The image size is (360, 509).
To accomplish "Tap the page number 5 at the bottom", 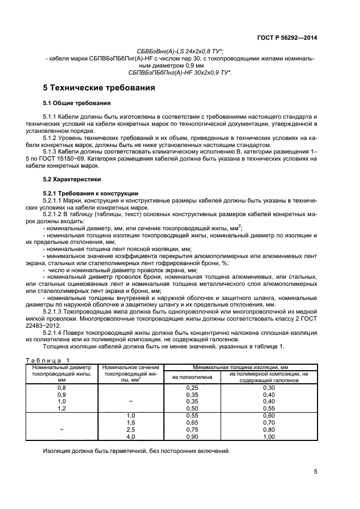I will (315, 472).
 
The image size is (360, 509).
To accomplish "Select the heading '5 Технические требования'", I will (99, 88).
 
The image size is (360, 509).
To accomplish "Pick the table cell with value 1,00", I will (269, 437).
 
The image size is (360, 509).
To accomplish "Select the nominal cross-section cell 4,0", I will (130, 437).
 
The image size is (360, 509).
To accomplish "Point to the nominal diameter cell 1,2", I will (62, 408).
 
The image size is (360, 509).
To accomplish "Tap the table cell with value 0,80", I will (269, 430).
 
